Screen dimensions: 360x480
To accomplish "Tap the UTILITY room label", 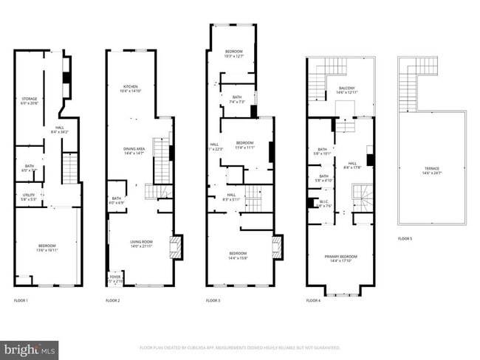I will [x=29, y=196].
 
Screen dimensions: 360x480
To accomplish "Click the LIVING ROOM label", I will [x=140, y=243].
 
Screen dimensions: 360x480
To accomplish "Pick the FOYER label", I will [x=115, y=279].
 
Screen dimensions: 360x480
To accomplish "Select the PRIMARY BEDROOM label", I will [x=340, y=258].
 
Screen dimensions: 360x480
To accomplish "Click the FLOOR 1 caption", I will [x=21, y=300].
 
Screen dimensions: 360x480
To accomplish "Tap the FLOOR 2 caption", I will [x=112, y=300].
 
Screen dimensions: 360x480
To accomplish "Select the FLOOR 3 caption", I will [x=213, y=300].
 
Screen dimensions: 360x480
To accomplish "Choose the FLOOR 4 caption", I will [x=313, y=300].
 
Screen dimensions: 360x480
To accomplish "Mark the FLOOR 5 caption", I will [x=405, y=238].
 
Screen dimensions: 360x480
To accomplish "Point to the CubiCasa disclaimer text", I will [x=240, y=347].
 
